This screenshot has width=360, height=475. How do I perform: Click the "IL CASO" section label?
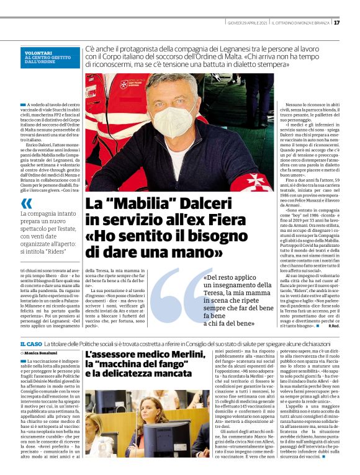click(31, 344)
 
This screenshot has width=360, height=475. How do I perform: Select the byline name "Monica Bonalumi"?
click(44, 353)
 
